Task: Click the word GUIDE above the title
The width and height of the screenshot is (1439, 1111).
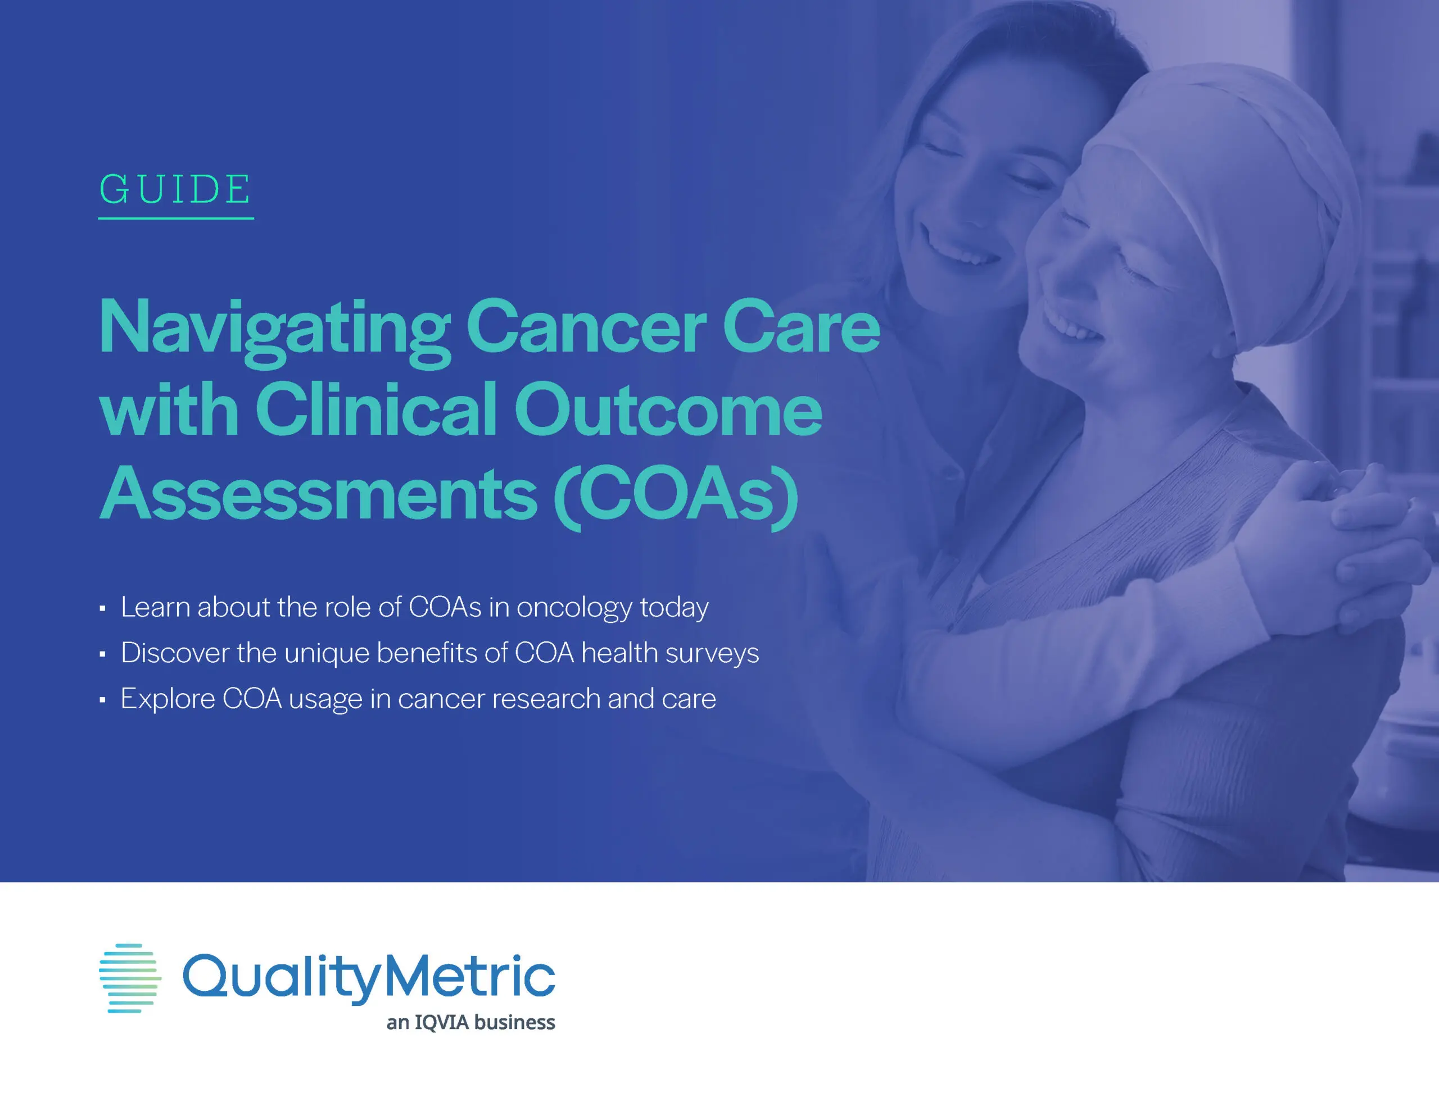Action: coord(175,190)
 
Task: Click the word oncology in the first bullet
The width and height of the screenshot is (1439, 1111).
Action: coord(574,608)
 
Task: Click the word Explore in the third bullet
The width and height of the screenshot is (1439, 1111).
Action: coord(168,699)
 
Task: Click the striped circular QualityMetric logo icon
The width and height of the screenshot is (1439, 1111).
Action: coord(130,978)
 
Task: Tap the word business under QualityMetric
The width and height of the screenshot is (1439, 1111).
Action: coord(514,1022)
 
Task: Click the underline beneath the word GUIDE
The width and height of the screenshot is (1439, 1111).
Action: coord(176,218)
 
